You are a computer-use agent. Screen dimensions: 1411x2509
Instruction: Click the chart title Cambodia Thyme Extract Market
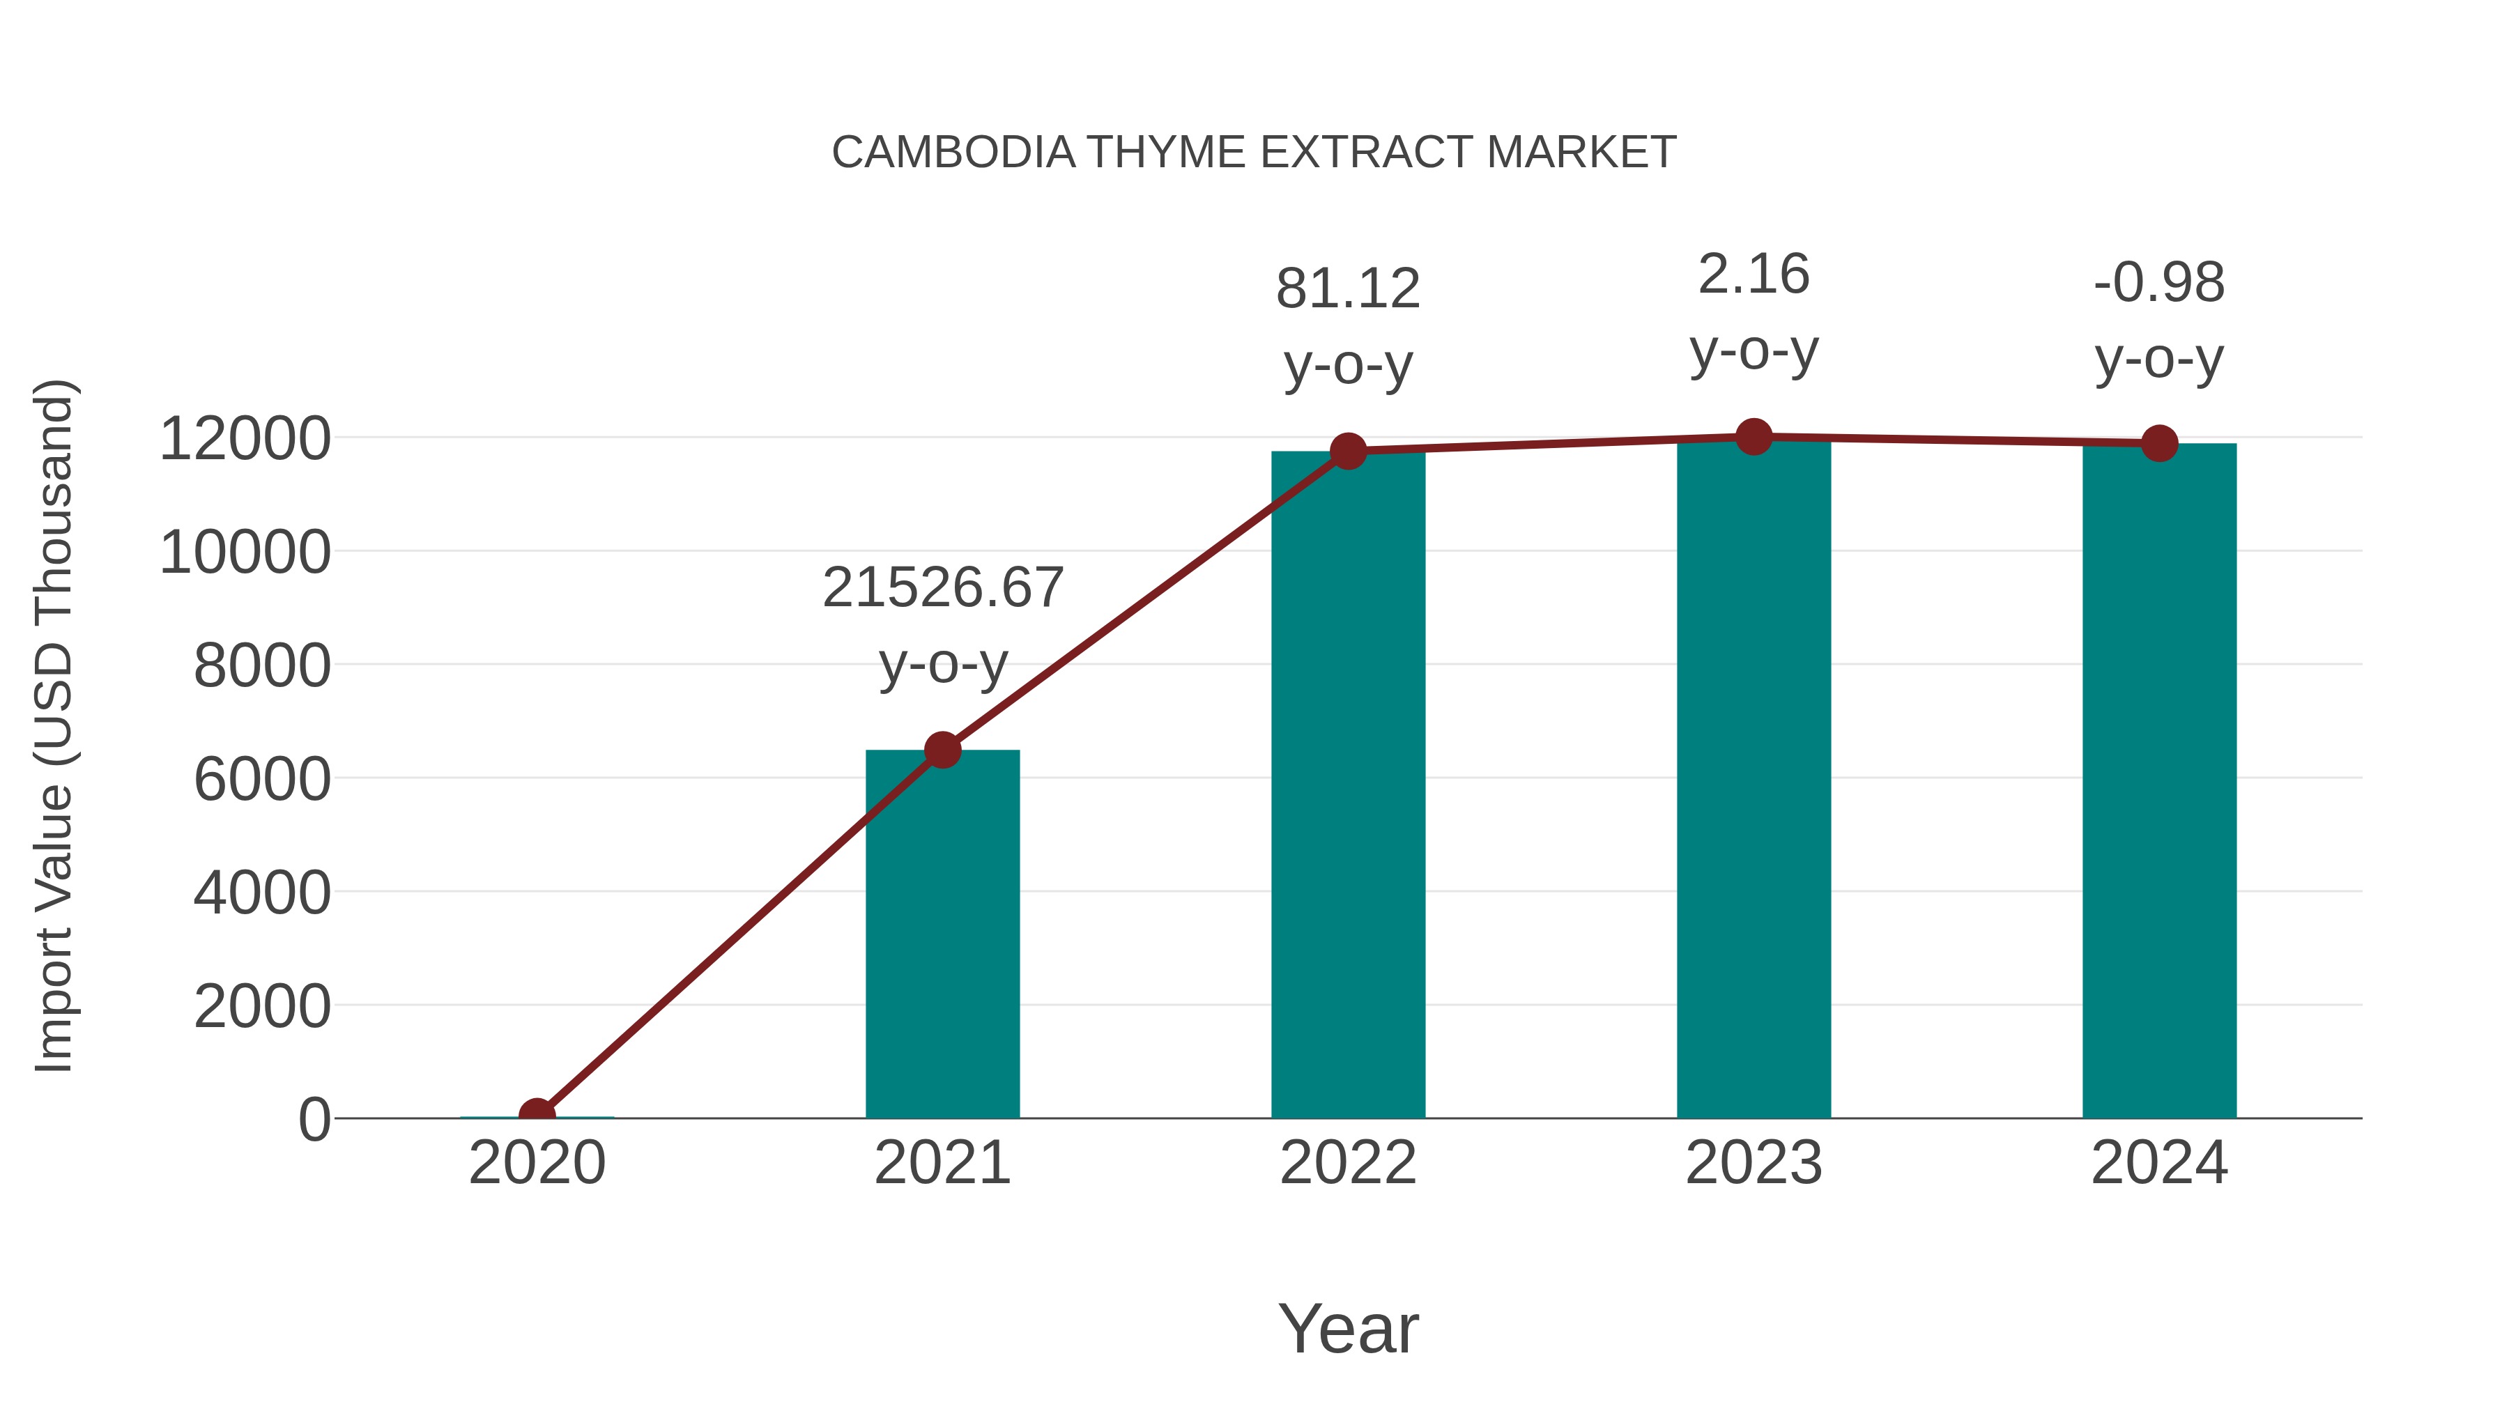(1254, 153)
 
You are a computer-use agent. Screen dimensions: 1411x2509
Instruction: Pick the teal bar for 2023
(1754, 779)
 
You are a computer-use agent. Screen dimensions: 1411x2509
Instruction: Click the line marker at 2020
(537, 1114)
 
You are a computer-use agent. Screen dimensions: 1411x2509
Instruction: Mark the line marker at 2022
(1348, 451)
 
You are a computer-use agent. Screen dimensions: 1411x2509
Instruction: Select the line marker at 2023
(1754, 437)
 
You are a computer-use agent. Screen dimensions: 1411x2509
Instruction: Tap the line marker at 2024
(2159, 444)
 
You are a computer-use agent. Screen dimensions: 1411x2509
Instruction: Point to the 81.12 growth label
(1348, 289)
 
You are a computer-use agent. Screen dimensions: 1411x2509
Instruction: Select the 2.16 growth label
(1754, 275)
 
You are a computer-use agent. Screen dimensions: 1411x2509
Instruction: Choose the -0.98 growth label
(2159, 284)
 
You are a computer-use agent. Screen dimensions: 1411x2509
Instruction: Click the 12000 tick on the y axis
(245, 439)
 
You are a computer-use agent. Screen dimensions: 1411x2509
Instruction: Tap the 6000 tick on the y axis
(262, 779)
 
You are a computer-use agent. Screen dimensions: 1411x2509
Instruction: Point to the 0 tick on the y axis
(314, 1120)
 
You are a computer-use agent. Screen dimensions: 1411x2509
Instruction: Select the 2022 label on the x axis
(1348, 1163)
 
